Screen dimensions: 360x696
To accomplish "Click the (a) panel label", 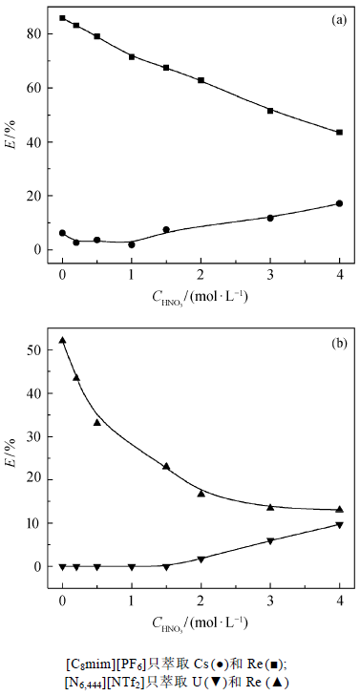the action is (339, 19).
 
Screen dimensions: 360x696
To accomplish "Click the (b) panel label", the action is (339, 343).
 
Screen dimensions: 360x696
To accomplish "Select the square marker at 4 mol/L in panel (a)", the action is (340, 133).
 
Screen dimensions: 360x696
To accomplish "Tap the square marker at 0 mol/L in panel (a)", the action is (63, 18).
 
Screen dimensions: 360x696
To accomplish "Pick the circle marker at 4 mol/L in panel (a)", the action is (340, 203).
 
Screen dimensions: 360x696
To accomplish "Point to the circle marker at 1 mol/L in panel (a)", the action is (132, 244).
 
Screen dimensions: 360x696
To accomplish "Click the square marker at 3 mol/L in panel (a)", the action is (270, 111).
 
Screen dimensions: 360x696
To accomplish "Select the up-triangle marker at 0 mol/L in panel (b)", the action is (63, 341).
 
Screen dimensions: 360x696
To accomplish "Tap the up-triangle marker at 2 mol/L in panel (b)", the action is (201, 494).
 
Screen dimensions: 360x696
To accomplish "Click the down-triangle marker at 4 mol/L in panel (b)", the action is (340, 525).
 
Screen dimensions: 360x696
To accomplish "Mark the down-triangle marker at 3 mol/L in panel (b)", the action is (270, 541).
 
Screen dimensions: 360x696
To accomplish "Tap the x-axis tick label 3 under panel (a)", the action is (270, 273).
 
